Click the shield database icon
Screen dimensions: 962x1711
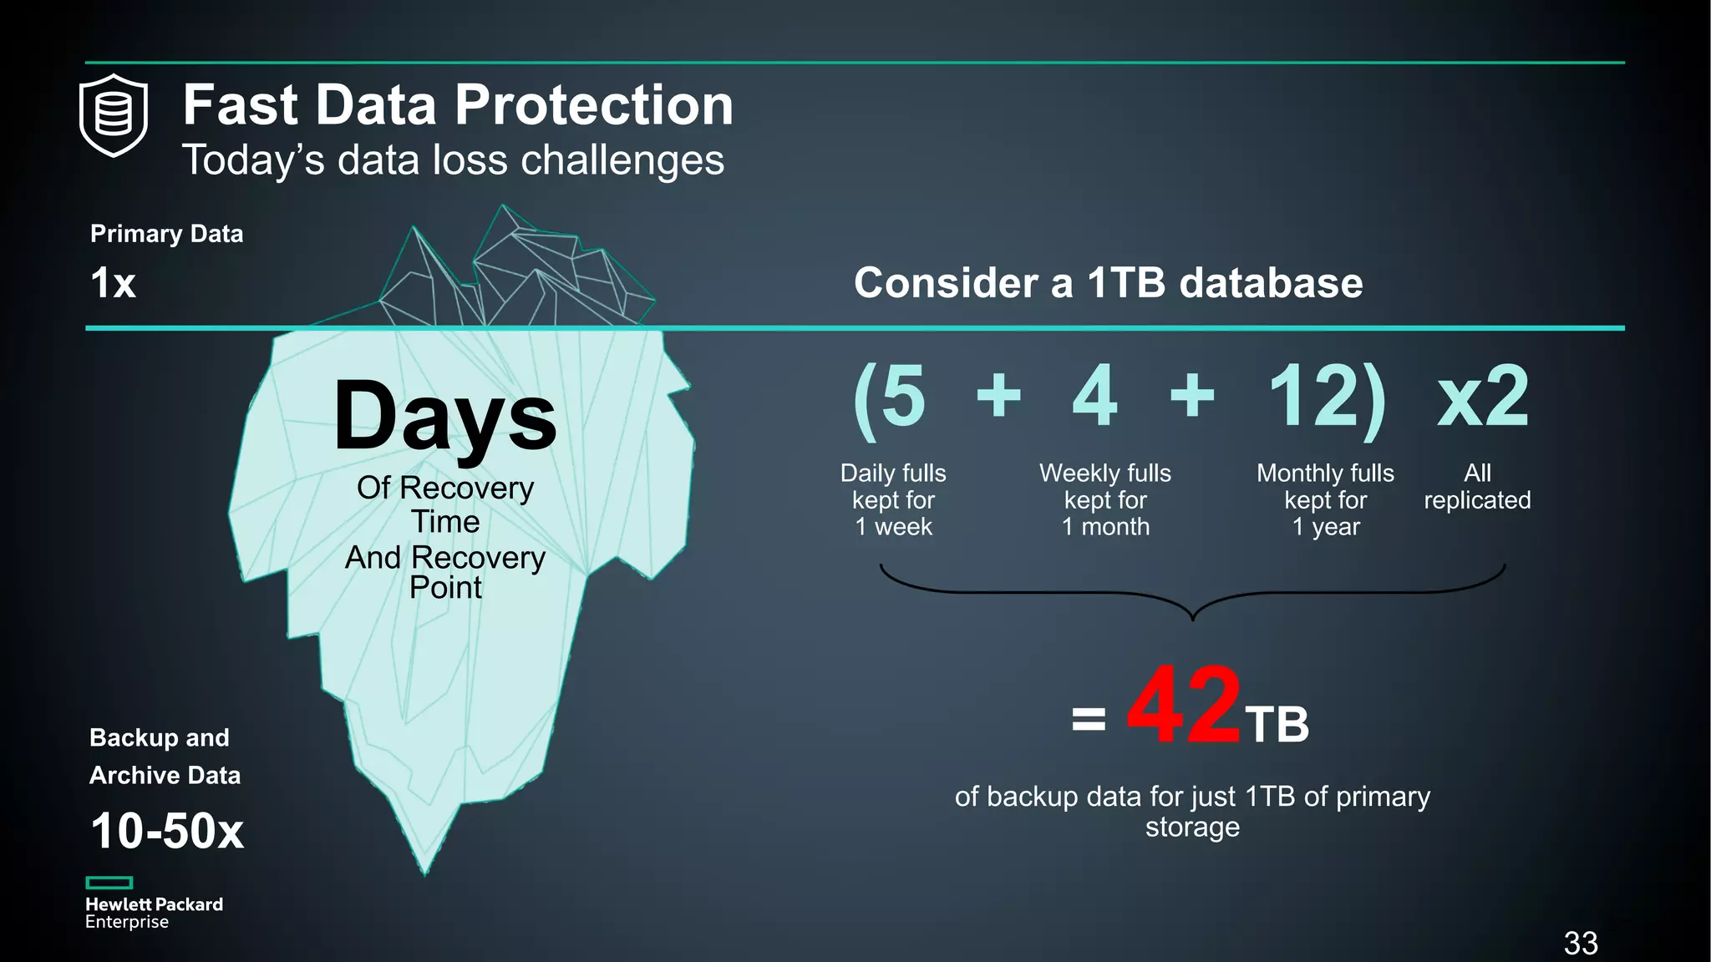pos(114,115)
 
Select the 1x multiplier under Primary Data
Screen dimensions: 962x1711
pos(113,282)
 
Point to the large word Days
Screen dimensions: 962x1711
pos(445,415)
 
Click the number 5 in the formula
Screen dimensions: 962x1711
pos(902,396)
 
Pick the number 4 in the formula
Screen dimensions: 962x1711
pos(1094,396)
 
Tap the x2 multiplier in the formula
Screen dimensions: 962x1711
pos(1483,397)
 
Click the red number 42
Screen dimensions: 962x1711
pos(1184,706)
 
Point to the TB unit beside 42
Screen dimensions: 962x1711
pos(1277,724)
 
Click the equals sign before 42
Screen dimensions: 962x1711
pos(1089,718)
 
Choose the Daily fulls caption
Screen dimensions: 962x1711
pos(893,499)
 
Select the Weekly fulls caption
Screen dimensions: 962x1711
pos(1105,499)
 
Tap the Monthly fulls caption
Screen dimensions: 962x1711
pos(1326,499)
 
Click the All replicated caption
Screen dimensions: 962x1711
pos(1477,486)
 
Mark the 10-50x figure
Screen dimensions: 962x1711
pos(167,831)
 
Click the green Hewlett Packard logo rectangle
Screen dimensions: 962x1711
pos(109,883)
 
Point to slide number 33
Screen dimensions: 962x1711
pos(1581,943)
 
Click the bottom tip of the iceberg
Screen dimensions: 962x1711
pos(425,871)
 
